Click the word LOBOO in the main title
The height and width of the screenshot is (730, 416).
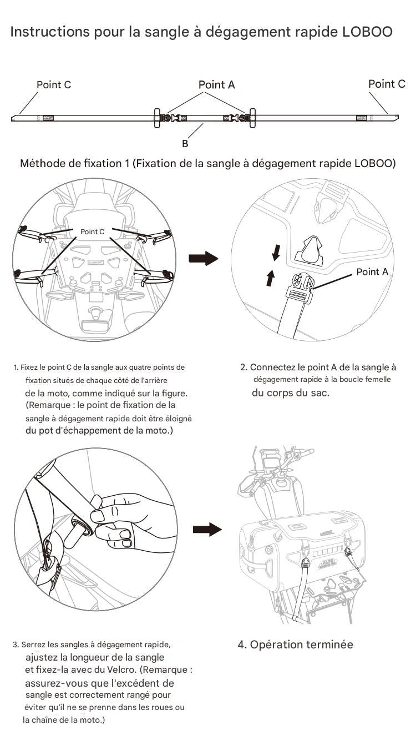tap(367, 32)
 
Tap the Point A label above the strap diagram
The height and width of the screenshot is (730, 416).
tap(216, 85)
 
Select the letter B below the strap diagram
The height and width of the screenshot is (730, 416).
tap(185, 144)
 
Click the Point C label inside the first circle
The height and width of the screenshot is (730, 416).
tap(92, 231)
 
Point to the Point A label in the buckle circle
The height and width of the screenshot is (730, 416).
tap(372, 272)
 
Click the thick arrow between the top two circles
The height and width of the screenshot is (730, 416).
tap(204, 259)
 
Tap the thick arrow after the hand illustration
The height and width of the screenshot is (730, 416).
tap(207, 530)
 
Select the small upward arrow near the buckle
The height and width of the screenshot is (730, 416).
tap(270, 278)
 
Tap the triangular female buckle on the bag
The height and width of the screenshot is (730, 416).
tap(308, 250)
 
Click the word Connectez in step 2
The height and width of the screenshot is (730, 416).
tap(272, 367)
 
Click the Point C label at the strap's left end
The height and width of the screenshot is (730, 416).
tap(54, 85)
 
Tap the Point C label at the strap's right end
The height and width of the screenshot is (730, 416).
tap(387, 84)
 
